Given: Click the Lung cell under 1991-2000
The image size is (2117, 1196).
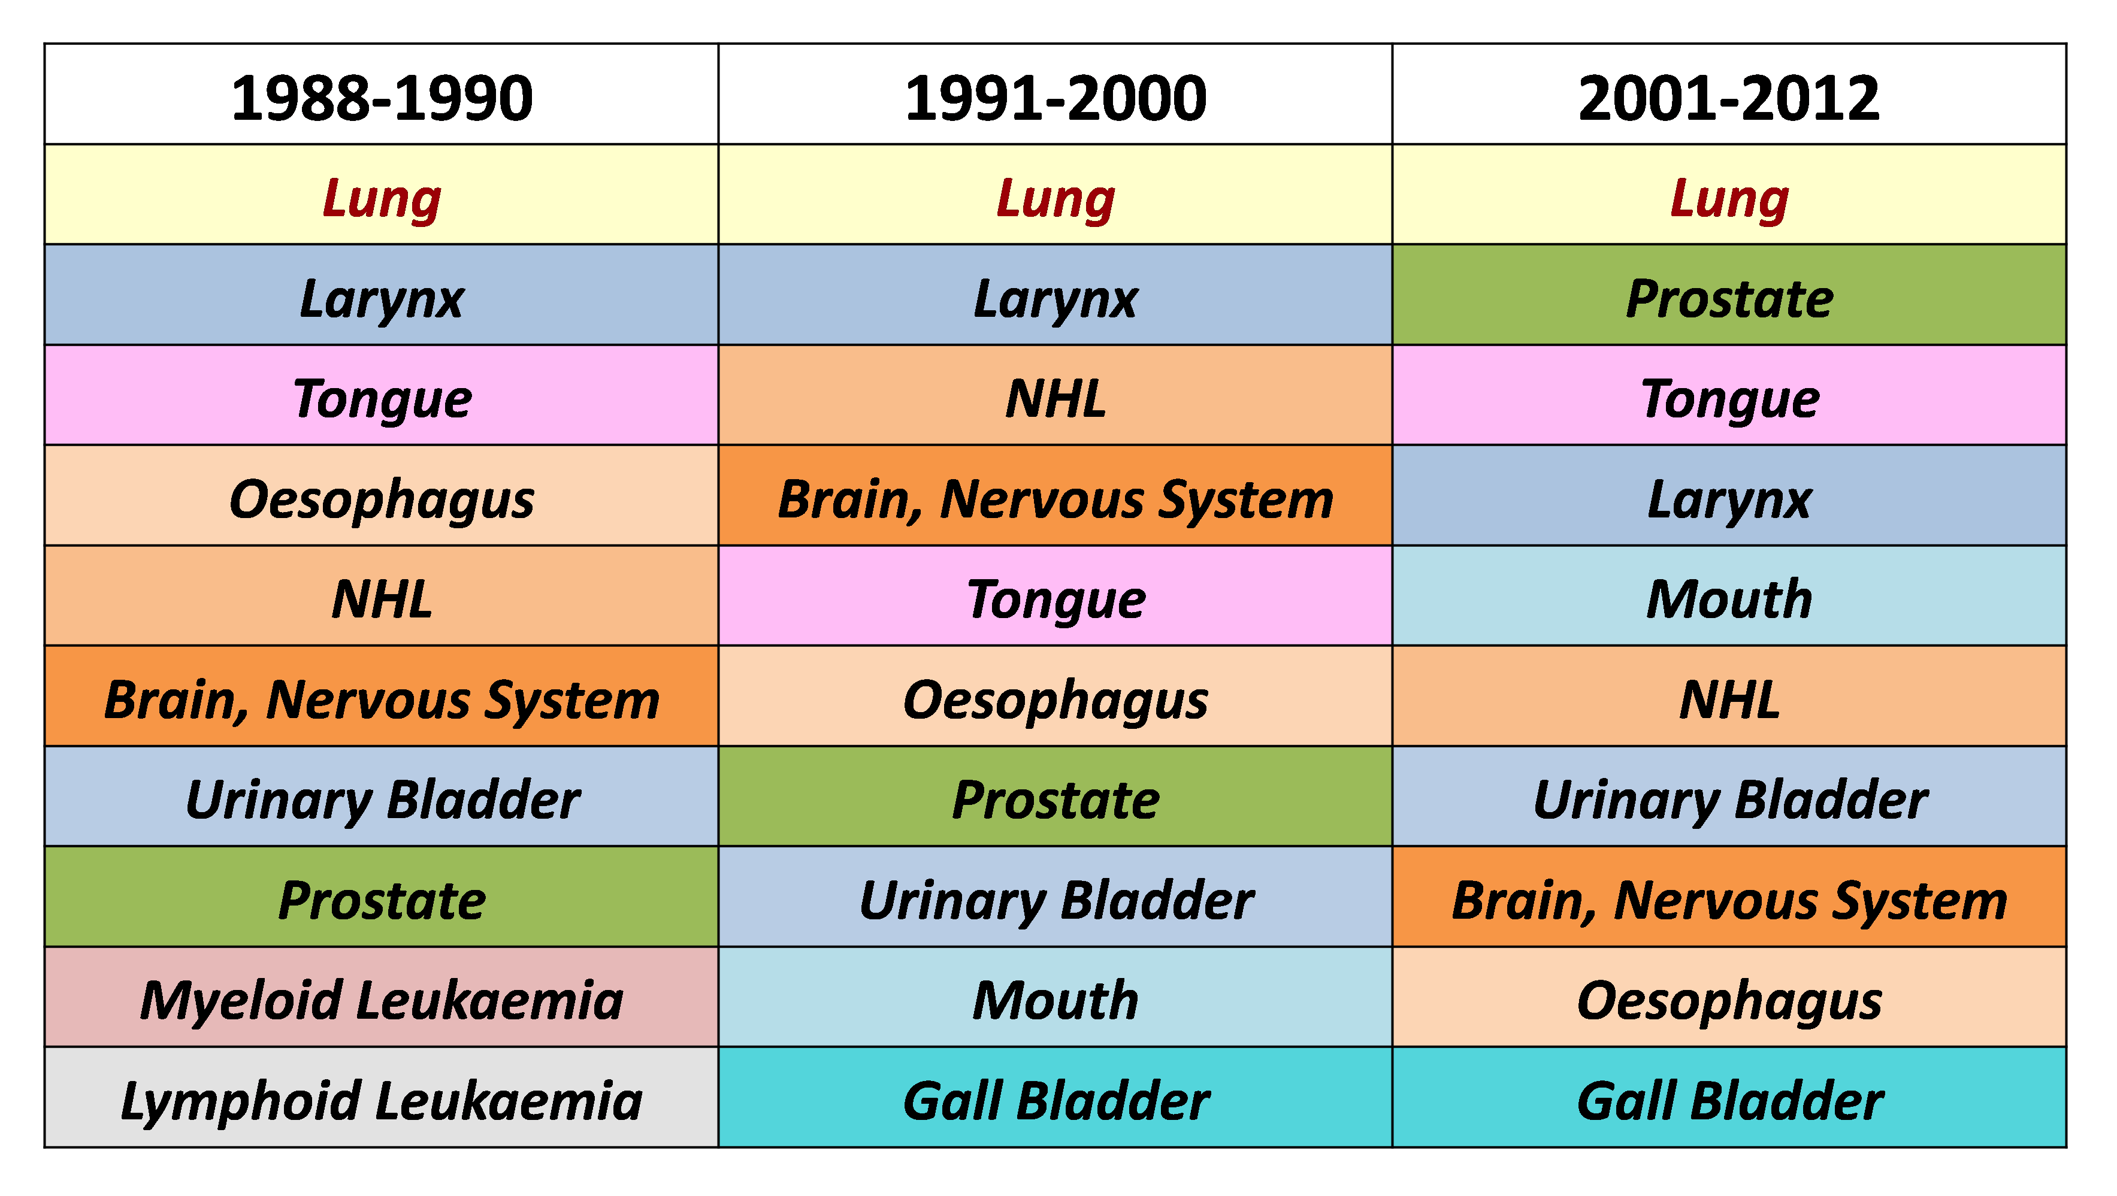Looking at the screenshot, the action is click(x=1056, y=194).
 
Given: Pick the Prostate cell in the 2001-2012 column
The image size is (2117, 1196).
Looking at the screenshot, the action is click(x=1729, y=294).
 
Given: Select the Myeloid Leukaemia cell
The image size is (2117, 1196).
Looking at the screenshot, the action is click(x=382, y=997).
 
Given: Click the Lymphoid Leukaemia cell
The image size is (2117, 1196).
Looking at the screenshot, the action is click(x=382, y=1097).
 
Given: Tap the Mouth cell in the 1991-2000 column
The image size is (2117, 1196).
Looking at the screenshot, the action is click(x=1056, y=997).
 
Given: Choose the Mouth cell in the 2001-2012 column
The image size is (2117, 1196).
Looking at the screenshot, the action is click(x=1729, y=595).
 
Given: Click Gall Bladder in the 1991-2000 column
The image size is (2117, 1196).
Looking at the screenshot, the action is click(x=1056, y=1097).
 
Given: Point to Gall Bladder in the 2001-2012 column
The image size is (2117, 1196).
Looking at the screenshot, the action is click(x=1729, y=1097).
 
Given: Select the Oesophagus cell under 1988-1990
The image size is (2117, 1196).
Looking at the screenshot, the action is click(x=382, y=495).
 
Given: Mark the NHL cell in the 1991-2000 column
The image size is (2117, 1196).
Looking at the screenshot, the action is click(x=1056, y=395).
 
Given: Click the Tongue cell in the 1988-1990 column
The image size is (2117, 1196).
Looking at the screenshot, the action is click(x=382, y=395).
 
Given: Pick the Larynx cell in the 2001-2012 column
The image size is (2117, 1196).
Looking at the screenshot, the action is click(x=1729, y=495).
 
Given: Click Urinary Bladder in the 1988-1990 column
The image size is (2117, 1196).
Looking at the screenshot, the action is click(x=382, y=796).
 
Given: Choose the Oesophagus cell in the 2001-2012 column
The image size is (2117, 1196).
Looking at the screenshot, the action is click(x=1729, y=997).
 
